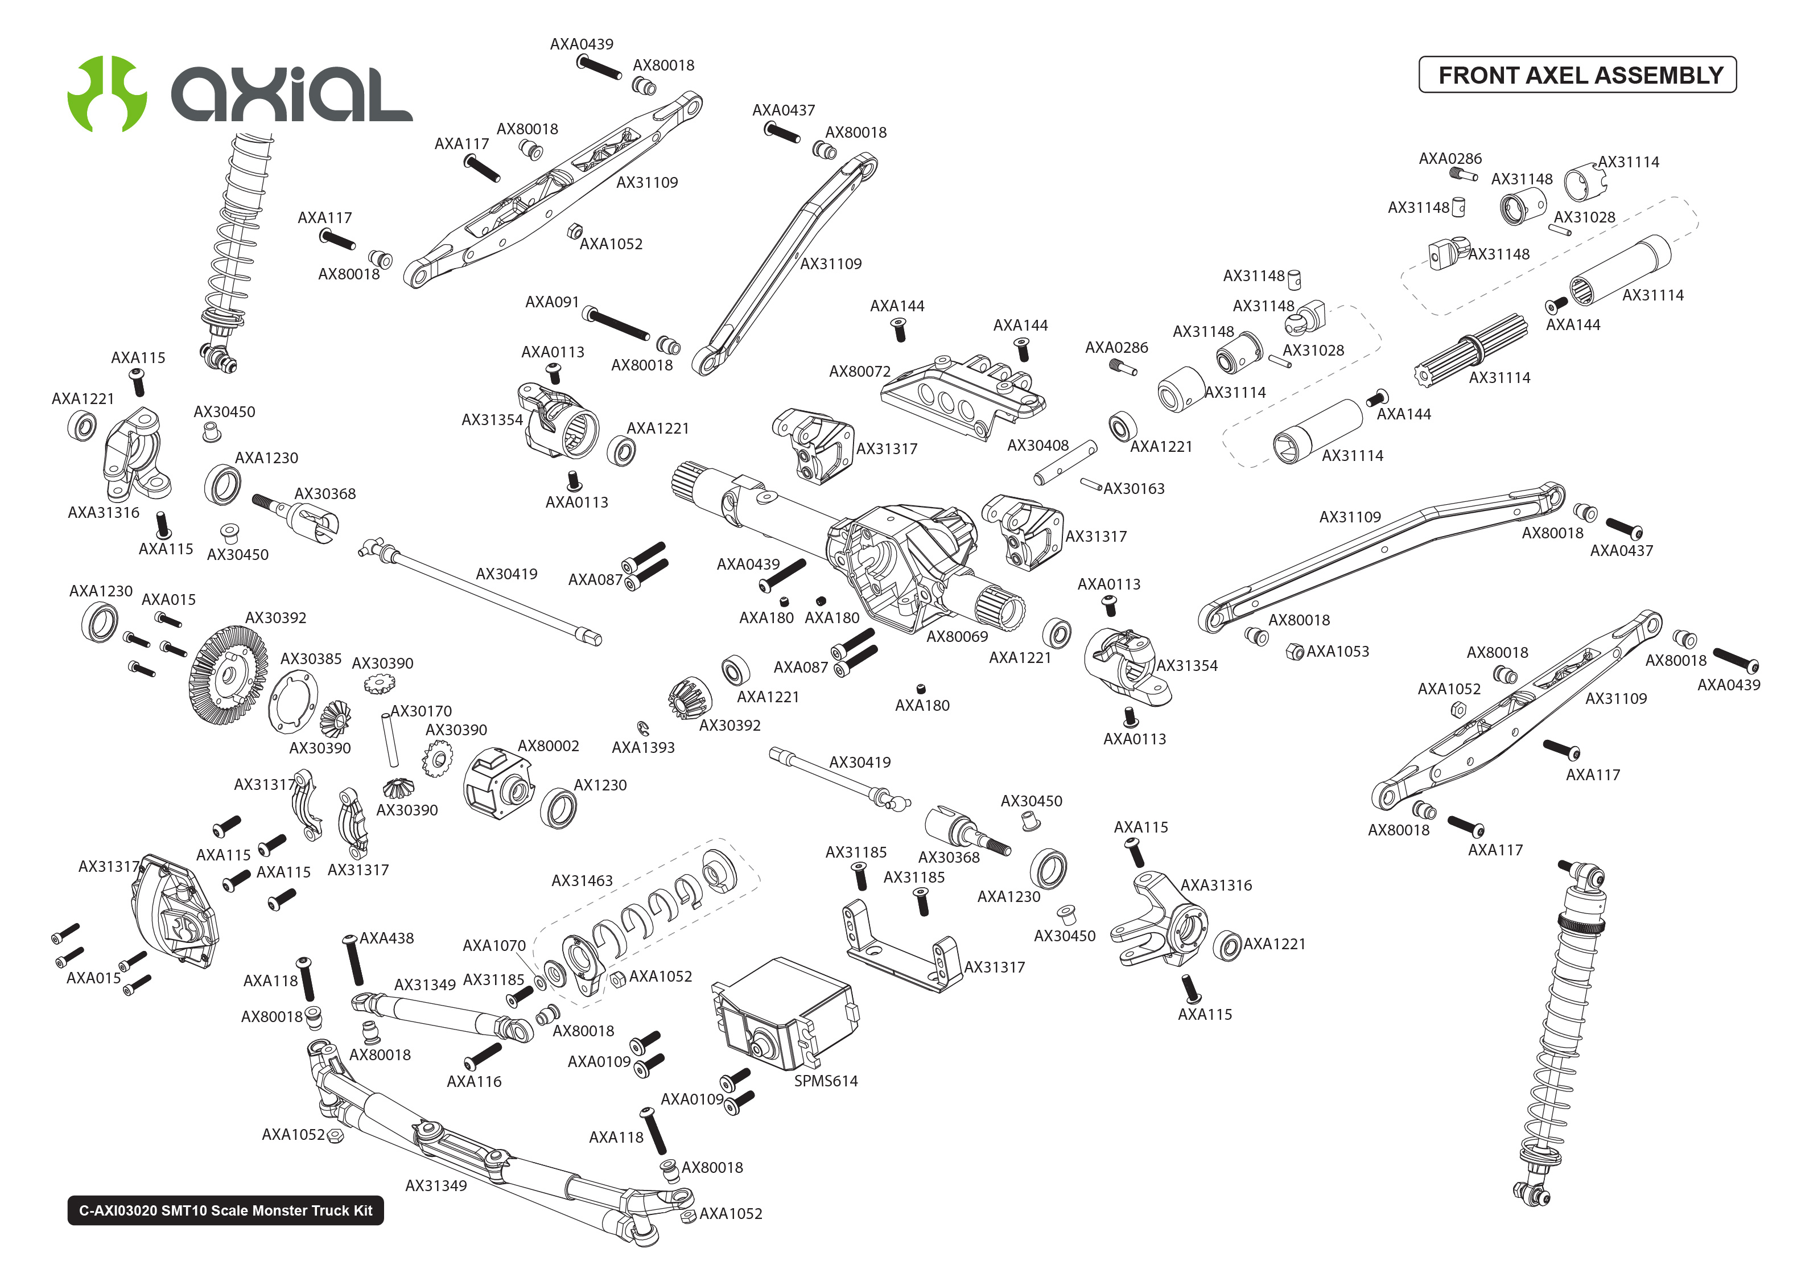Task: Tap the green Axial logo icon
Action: click(x=107, y=93)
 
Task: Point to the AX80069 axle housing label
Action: click(x=957, y=637)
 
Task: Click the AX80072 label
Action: click(x=859, y=372)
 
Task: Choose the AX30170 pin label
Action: click(x=421, y=711)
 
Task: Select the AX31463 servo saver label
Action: click(x=582, y=881)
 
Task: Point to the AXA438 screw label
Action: click(x=386, y=938)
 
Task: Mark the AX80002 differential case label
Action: click(x=548, y=746)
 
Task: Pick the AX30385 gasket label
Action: click(x=311, y=658)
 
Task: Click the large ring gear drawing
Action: click(x=227, y=675)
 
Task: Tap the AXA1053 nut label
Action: click(x=1337, y=652)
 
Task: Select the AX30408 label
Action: click(x=1038, y=446)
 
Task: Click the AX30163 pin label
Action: click(x=1134, y=489)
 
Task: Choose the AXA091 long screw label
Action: click(x=552, y=302)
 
